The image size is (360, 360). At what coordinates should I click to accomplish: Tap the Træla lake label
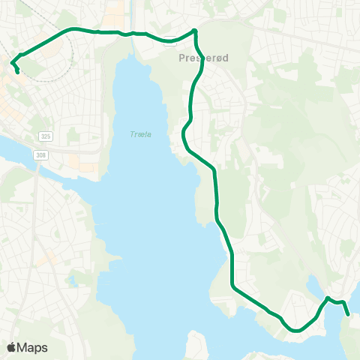139,134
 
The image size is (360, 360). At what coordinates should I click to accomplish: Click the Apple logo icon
11,347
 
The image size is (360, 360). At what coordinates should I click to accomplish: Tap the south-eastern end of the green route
349,316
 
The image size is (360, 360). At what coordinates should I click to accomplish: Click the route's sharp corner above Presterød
194,31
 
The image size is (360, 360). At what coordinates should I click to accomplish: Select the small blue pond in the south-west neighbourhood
74,282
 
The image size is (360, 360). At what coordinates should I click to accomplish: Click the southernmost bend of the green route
297,329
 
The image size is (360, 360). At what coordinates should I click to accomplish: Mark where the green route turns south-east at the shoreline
233,287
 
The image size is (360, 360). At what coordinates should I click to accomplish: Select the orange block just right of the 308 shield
76,160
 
